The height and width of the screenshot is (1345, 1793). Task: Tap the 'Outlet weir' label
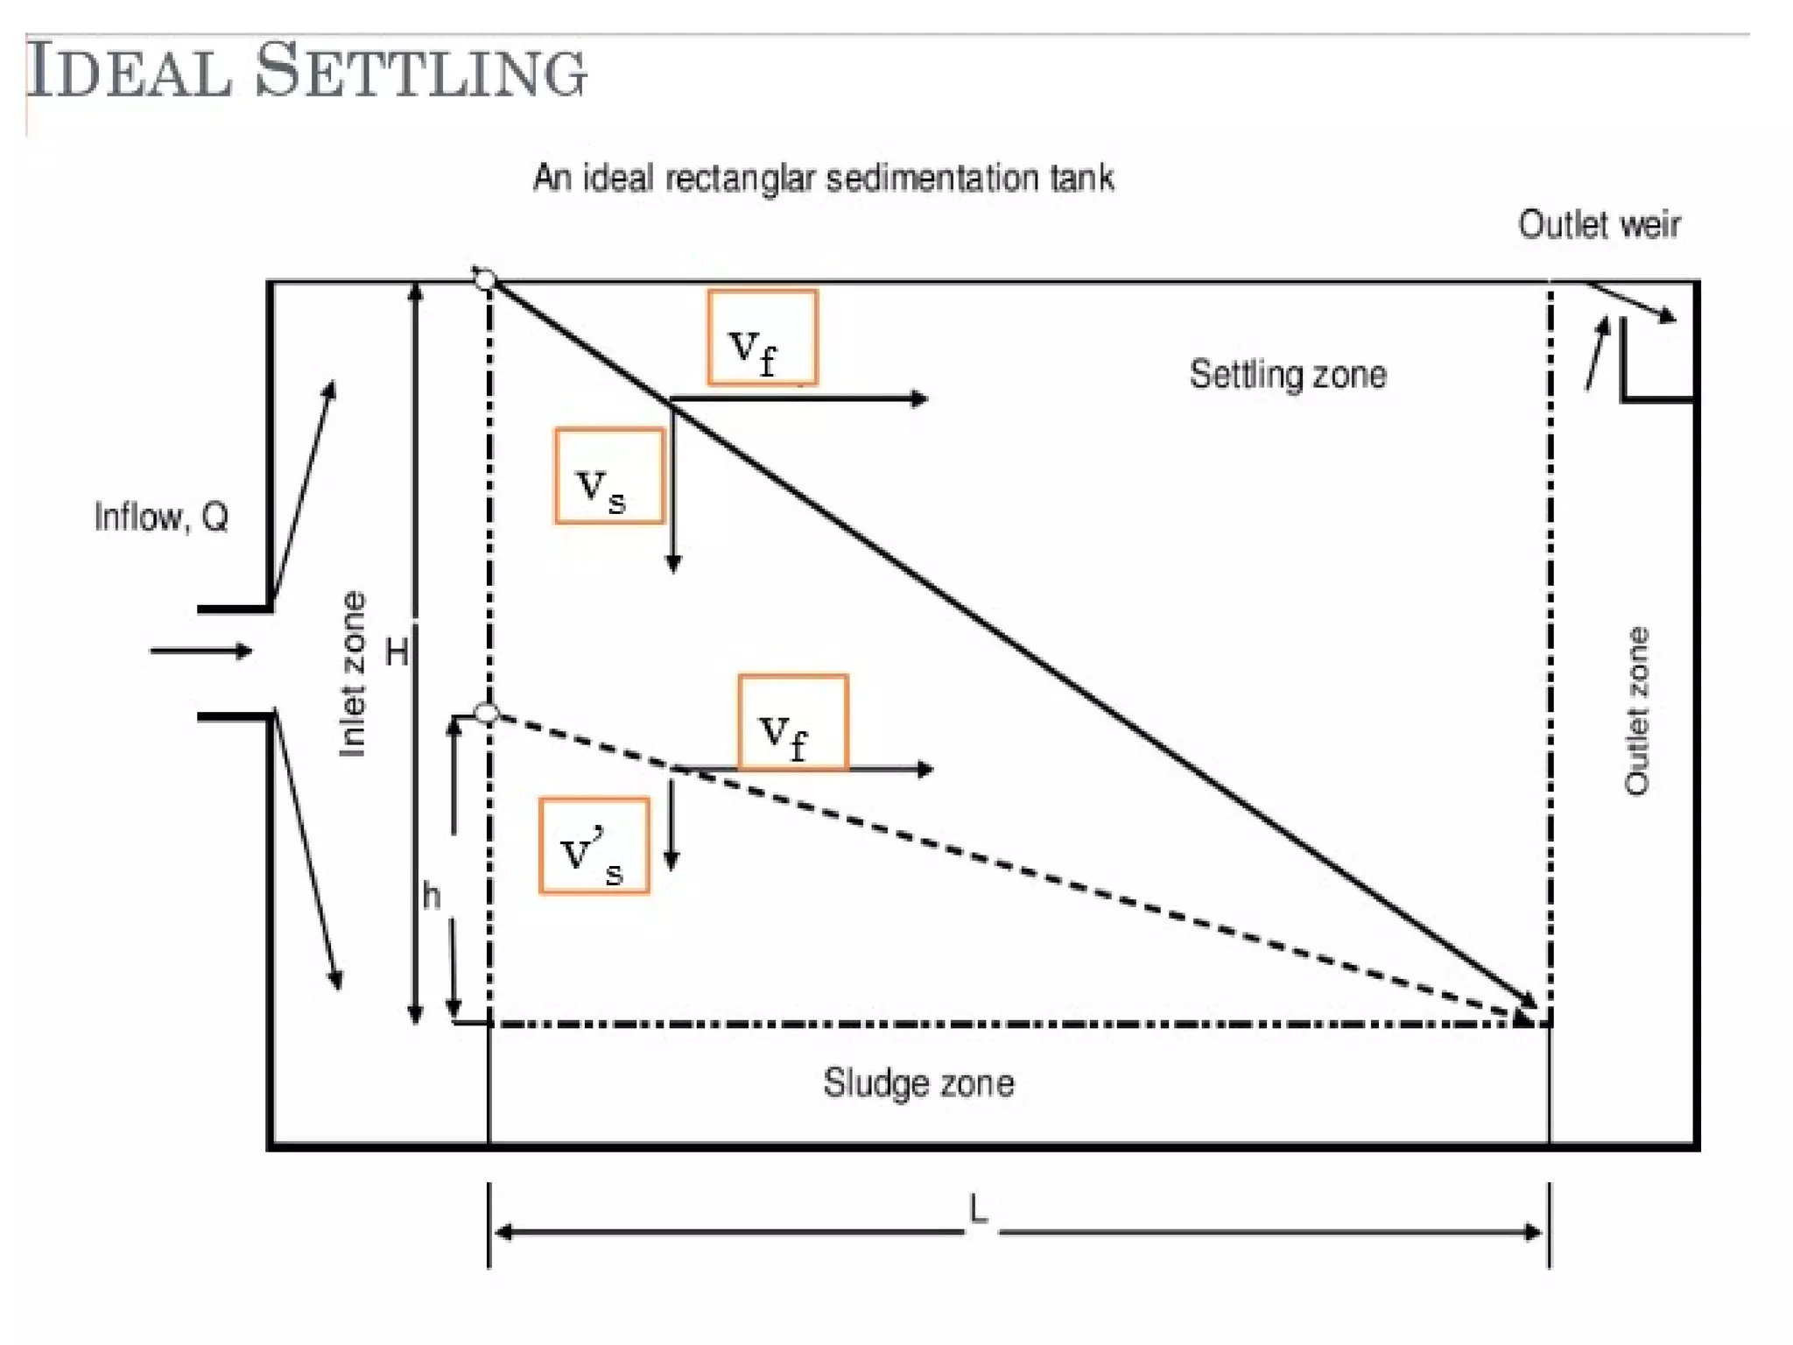[x=1599, y=225]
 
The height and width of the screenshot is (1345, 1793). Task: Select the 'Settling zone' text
[x=1287, y=375]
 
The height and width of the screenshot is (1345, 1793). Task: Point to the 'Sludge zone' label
[x=918, y=1083]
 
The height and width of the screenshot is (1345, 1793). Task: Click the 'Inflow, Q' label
[x=161, y=517]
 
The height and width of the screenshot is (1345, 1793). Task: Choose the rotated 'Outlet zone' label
[x=1636, y=710]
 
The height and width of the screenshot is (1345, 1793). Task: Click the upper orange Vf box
[x=763, y=338]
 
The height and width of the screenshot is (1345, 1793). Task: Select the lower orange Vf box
[x=792, y=722]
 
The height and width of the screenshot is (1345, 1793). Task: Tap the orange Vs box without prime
[x=609, y=475]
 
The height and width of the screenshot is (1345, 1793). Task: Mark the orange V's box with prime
[x=594, y=846]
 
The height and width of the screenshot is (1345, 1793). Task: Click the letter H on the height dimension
[x=397, y=651]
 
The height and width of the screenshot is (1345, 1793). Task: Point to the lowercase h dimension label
[x=432, y=896]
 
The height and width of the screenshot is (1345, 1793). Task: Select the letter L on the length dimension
[x=978, y=1210]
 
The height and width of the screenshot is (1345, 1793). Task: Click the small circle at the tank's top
[x=485, y=279]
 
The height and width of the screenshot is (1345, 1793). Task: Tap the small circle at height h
[x=486, y=713]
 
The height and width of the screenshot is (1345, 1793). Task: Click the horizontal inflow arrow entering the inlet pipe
[x=201, y=651]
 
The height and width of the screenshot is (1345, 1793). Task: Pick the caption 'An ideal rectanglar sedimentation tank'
[x=823, y=178]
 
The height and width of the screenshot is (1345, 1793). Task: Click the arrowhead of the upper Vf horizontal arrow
[x=919, y=399]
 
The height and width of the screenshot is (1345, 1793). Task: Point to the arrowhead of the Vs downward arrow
[x=673, y=564]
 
